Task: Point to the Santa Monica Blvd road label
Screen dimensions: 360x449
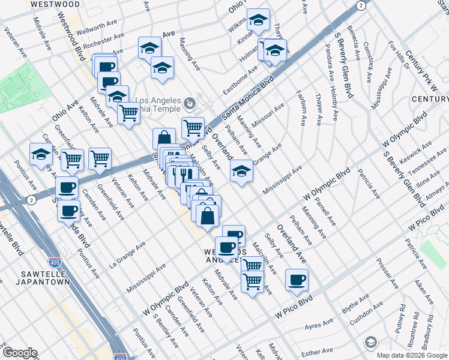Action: [248, 96]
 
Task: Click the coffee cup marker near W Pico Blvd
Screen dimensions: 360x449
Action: [296, 280]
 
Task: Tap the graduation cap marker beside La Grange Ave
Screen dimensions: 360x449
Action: [242, 172]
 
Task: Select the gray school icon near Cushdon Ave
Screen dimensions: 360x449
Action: [371, 342]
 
